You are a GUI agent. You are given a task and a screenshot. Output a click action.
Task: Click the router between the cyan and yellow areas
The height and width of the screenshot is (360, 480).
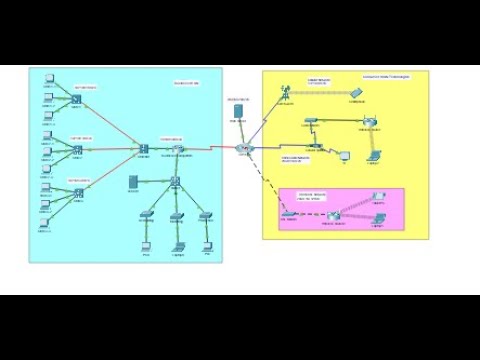243,148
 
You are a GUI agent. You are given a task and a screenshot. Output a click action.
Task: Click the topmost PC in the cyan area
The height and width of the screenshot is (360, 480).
45,87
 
